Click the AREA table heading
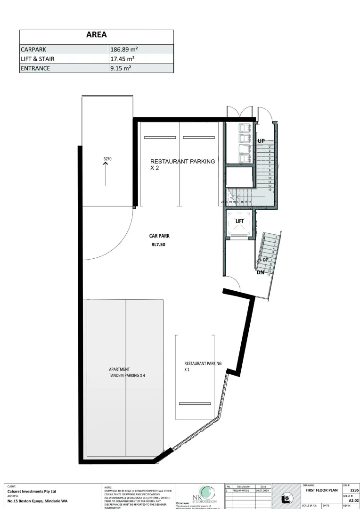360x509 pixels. point(96,35)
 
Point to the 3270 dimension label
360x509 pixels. point(107,159)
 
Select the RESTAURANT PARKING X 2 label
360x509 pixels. point(182,164)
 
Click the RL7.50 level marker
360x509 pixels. point(159,245)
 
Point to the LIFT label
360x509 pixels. point(239,221)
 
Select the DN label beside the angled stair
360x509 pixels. point(261,272)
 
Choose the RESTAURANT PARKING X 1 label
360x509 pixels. point(203,367)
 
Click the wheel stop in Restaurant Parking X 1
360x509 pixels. point(195,403)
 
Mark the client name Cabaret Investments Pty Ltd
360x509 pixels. point(32,491)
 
